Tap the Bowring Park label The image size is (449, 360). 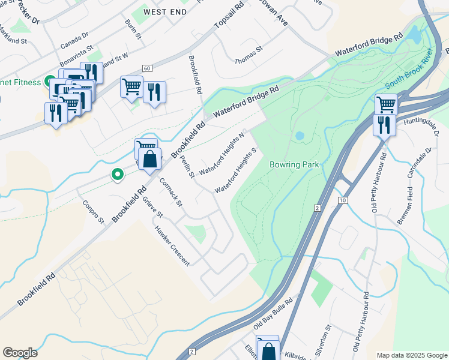pos(293,164)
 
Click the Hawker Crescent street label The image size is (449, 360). pos(172,245)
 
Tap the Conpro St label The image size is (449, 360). pos(93,211)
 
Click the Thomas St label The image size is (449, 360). pos(249,56)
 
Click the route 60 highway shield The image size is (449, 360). pos(146,68)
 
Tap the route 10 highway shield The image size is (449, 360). pos(342,199)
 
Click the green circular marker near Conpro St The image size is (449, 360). pos(118,175)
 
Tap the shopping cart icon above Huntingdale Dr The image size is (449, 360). pos(386,104)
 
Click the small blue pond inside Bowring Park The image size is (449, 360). pos(299,136)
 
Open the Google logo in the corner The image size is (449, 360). pos(20,352)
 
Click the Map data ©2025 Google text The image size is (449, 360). pos(411,355)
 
